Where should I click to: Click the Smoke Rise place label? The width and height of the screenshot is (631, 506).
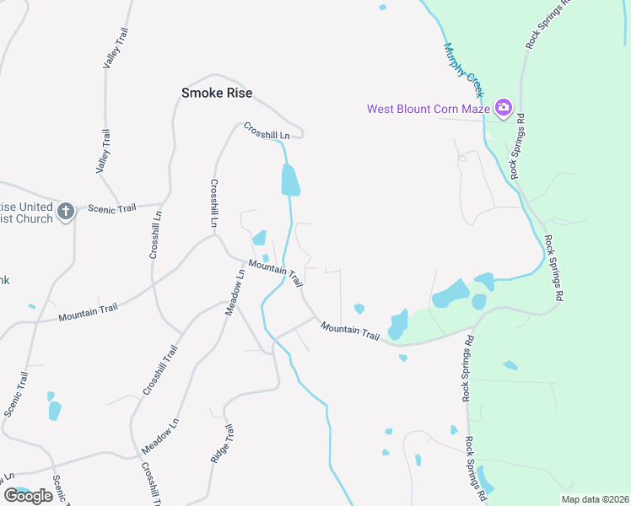(x=217, y=93)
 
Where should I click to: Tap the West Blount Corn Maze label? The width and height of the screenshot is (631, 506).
(x=429, y=108)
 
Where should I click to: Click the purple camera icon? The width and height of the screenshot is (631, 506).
(x=504, y=107)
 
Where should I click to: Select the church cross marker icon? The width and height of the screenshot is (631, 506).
(x=66, y=211)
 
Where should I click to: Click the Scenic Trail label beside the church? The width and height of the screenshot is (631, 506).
(x=112, y=209)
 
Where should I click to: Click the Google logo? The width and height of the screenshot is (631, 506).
(x=28, y=496)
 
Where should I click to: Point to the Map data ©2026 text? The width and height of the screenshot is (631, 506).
(x=595, y=499)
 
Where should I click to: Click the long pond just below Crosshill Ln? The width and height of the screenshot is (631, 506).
(x=289, y=180)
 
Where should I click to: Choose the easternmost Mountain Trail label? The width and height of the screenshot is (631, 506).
(x=350, y=331)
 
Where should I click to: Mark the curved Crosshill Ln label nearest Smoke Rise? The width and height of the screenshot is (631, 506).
(x=267, y=132)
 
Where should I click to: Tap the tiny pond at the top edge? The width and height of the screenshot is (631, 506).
(x=382, y=8)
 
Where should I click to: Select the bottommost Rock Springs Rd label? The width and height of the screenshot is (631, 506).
(x=477, y=465)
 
